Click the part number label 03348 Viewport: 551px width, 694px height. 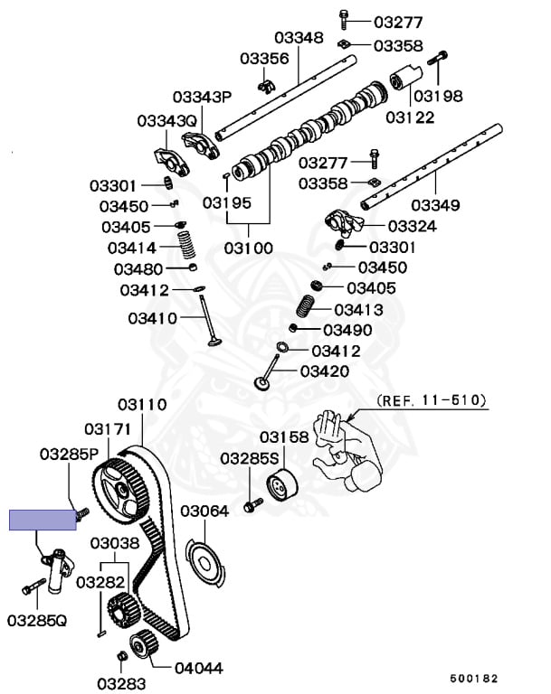299,38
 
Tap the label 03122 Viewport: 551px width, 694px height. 410,117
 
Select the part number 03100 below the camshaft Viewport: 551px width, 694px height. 248,248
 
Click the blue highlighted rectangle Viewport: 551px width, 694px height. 43,520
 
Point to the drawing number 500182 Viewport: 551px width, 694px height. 474,679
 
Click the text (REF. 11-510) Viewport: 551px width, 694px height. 432,400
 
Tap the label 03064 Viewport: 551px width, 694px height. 204,511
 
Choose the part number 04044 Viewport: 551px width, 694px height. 198,668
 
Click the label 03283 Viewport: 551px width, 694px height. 121,684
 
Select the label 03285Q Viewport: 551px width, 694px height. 37,621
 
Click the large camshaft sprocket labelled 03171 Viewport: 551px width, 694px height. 119,488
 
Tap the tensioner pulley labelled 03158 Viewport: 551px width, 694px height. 281,486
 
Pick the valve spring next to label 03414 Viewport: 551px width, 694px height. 186,243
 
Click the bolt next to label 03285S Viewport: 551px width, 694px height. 253,505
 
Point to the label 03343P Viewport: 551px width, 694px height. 202,97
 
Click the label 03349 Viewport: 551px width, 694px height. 435,205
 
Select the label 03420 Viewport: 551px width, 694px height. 325,371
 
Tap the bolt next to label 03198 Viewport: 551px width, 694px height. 438,59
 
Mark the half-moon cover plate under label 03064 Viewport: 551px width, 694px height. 204,562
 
